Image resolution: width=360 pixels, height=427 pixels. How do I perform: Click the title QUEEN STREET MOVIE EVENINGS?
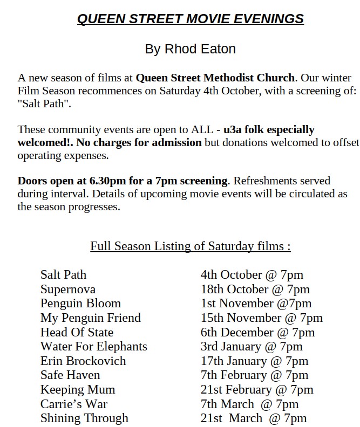point(190,19)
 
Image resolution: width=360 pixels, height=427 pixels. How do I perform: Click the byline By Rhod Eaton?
point(190,49)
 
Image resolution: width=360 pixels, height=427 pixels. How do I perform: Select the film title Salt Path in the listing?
point(63,275)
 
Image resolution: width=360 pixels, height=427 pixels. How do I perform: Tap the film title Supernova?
point(67,290)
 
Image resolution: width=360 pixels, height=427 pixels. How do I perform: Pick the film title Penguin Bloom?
point(80,304)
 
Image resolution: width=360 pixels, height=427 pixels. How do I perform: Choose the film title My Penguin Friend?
point(90,318)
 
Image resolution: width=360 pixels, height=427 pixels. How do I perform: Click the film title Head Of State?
point(77,332)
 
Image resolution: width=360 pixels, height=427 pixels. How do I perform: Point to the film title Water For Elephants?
point(93,347)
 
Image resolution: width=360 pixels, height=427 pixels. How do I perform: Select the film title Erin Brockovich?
point(83,361)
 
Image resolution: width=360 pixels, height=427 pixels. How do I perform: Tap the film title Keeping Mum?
point(77,389)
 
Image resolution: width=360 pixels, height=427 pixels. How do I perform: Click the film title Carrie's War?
point(73,404)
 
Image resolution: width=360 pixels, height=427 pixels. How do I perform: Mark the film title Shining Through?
point(84,418)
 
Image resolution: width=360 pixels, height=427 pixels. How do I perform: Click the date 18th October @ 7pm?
point(255,290)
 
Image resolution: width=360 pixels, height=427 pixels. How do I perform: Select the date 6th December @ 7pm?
point(257,332)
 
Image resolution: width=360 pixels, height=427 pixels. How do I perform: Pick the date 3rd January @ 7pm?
point(252,347)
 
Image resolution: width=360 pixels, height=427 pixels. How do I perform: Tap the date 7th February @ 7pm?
point(254,375)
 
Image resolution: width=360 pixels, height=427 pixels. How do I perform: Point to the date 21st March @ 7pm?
point(253,418)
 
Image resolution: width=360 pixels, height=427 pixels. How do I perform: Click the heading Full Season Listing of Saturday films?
point(190,246)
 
